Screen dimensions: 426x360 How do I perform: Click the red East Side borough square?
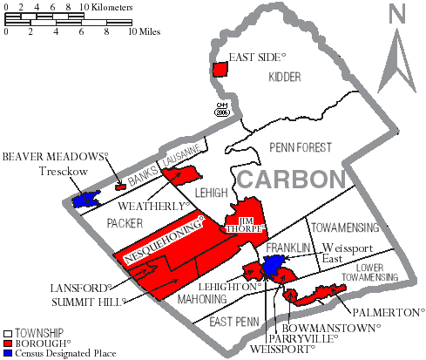tap(220, 70)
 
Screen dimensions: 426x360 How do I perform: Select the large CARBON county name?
tap(288, 179)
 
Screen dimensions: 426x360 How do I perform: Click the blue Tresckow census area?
tap(85, 200)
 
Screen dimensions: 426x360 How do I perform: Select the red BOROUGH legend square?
tap(8, 343)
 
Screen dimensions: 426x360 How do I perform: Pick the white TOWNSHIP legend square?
tap(8, 333)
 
